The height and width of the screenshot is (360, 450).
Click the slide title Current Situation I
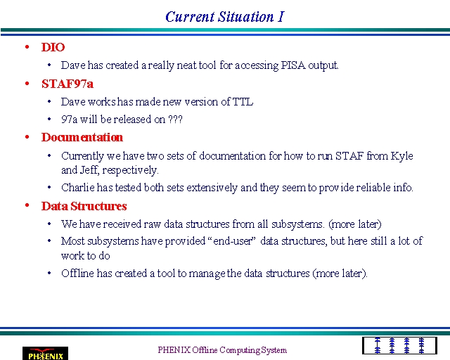coord(225,17)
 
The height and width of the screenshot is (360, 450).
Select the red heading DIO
coord(53,47)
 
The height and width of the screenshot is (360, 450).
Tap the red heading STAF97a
coord(67,84)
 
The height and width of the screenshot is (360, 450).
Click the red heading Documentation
coord(82,137)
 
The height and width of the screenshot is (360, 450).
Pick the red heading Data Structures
coord(84,206)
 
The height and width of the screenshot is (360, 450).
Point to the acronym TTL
coord(243,102)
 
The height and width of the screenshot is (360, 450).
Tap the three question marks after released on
coord(175,119)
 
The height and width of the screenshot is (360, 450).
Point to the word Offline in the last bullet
coord(77,273)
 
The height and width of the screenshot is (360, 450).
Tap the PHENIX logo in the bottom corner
coord(45,354)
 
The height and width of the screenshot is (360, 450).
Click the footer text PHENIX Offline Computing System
coord(222,350)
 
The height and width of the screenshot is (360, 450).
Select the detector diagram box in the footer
coord(399,346)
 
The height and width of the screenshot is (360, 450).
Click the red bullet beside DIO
coord(27,47)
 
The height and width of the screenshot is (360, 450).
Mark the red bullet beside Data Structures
coord(27,205)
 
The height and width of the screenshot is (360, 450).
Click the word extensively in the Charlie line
coord(212,188)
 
